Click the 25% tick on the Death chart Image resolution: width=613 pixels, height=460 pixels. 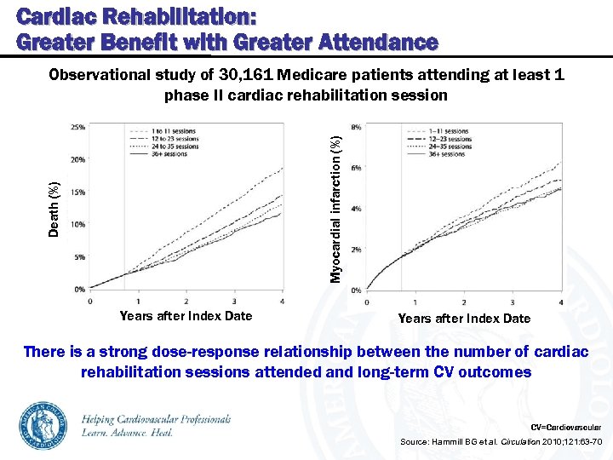coord(77,127)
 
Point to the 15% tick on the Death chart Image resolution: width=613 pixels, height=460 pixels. coord(77,192)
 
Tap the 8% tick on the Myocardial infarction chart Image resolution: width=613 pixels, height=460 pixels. coord(356,126)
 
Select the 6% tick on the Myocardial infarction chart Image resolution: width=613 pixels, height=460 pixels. coord(356,167)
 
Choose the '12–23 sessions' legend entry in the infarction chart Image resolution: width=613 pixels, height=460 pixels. coord(450,139)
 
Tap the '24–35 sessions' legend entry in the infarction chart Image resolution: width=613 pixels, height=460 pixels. coord(450,147)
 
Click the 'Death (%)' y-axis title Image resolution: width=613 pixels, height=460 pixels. coord(54,209)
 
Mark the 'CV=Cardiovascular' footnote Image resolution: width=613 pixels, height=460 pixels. coord(565,426)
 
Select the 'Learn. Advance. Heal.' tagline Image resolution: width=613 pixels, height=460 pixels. coord(128,433)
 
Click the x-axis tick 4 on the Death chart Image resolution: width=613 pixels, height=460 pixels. coord(282,301)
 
